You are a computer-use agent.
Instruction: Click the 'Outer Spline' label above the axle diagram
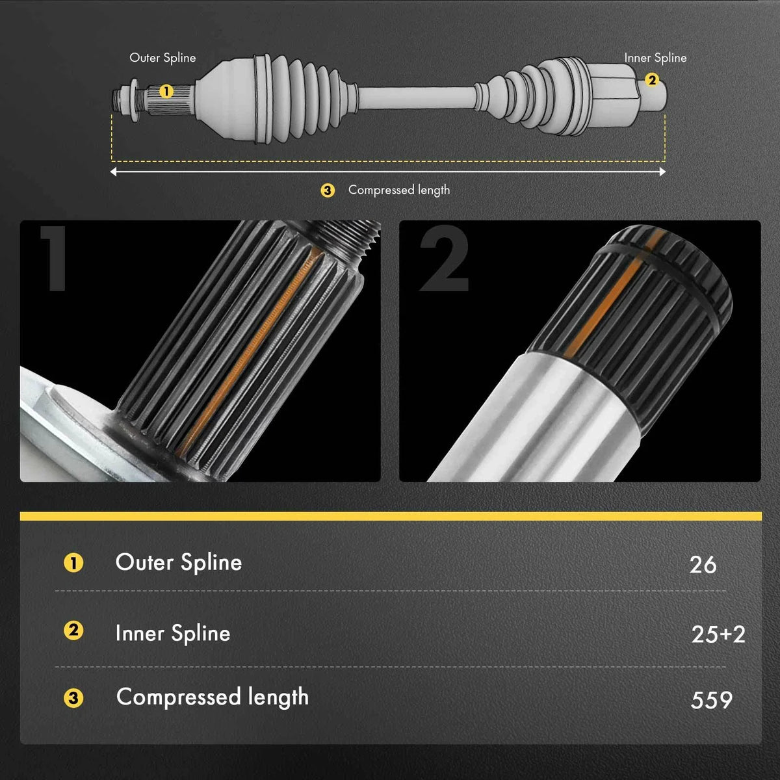point(162,58)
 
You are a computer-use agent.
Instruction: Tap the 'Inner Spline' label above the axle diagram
point(655,58)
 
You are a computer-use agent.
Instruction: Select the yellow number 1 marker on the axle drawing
point(166,92)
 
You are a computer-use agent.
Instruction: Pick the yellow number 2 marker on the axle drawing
point(652,80)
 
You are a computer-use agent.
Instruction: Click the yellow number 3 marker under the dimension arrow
point(328,190)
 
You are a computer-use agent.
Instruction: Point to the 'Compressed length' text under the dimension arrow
point(399,190)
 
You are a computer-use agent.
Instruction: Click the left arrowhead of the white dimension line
point(113,172)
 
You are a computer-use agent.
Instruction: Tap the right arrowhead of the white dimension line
point(662,172)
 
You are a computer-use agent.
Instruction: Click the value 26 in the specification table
point(703,565)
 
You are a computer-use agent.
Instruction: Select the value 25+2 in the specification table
point(718,634)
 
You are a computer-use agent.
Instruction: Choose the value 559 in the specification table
point(712,700)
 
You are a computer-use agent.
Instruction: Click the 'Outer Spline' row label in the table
point(179,563)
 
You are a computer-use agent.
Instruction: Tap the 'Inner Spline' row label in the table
point(173,633)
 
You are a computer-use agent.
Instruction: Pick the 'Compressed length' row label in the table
point(213,697)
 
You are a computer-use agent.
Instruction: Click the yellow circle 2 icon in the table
point(73,630)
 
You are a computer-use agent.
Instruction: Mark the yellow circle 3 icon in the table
point(73,698)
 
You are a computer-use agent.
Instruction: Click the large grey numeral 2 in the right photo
point(444,258)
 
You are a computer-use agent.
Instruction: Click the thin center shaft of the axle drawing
point(417,98)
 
